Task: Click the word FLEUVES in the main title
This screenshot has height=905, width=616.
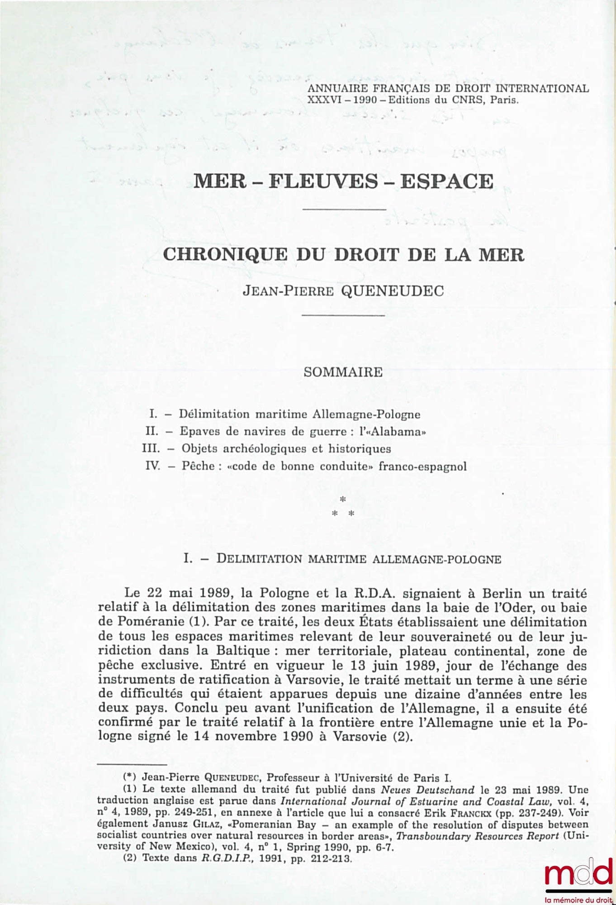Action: [x=323, y=181]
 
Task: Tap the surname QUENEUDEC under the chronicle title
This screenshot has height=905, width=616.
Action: [x=392, y=291]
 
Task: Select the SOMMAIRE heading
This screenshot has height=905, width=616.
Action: [x=343, y=372]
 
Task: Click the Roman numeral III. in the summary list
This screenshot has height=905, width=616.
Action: [x=151, y=449]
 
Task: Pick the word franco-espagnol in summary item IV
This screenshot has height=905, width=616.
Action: [x=422, y=467]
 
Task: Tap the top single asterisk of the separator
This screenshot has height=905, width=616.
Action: [x=343, y=500]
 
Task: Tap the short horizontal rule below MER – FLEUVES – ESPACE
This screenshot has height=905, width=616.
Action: [x=343, y=209]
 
